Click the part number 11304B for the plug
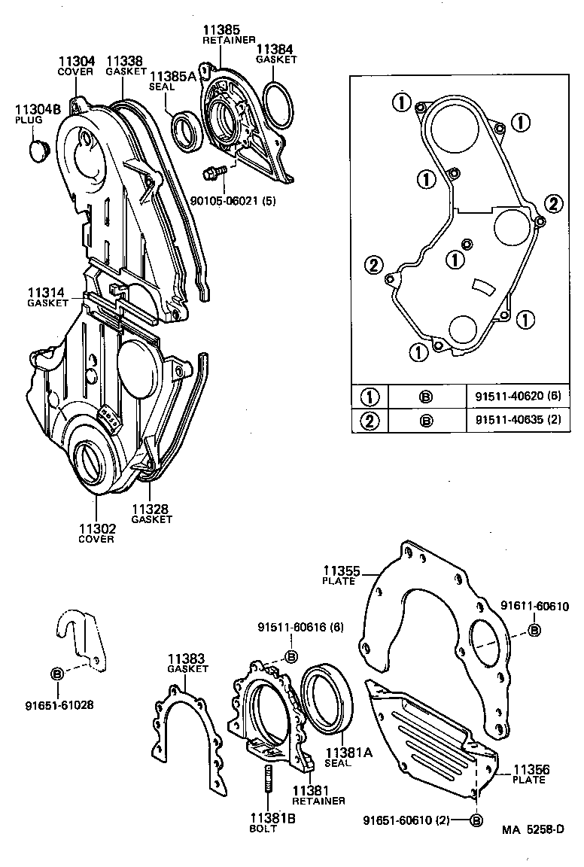[x=38, y=108]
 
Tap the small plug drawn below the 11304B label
[x=38, y=148]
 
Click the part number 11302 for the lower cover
[x=96, y=528]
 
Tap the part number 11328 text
[x=151, y=510]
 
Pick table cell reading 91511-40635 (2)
[x=519, y=420]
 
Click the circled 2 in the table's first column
[x=370, y=420]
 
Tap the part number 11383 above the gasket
[x=186, y=658]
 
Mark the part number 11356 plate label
[x=531, y=769]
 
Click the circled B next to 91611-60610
[x=534, y=630]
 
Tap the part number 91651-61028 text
[x=59, y=705]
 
